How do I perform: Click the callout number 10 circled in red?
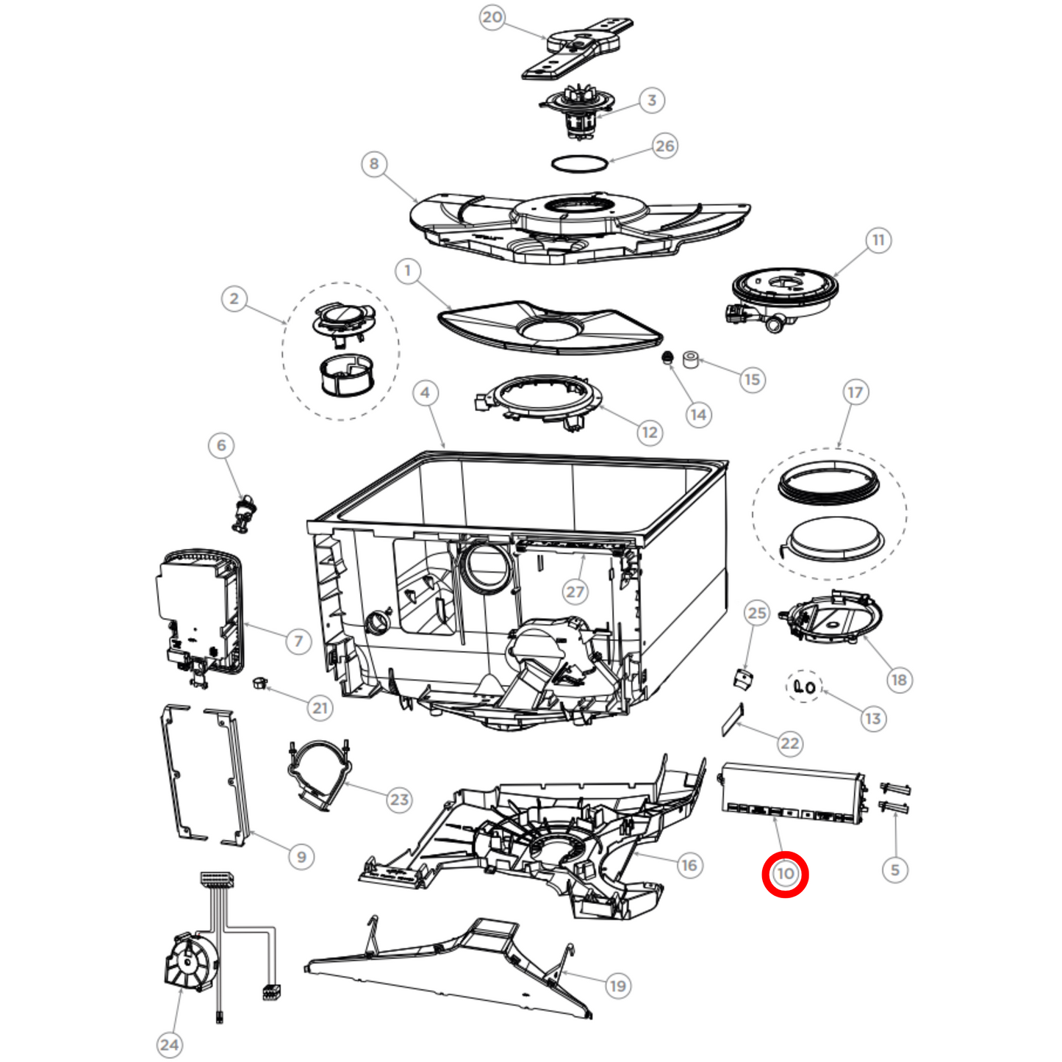(785, 873)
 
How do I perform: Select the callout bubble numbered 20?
(492, 17)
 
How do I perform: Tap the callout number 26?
(664, 146)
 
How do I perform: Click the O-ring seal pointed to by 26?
(579, 164)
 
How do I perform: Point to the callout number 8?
(374, 164)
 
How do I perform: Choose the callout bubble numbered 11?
(878, 240)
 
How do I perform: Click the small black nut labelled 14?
(668, 358)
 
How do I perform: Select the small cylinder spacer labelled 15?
(691, 360)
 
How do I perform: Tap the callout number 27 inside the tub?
(575, 592)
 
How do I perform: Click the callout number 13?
(873, 719)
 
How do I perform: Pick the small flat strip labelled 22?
(733, 720)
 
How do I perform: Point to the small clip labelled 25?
(743, 678)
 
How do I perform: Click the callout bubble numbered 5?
(895, 869)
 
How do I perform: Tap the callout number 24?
(169, 1045)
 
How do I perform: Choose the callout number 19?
(618, 986)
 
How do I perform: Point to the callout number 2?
(234, 298)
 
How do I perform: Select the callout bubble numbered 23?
(399, 799)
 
